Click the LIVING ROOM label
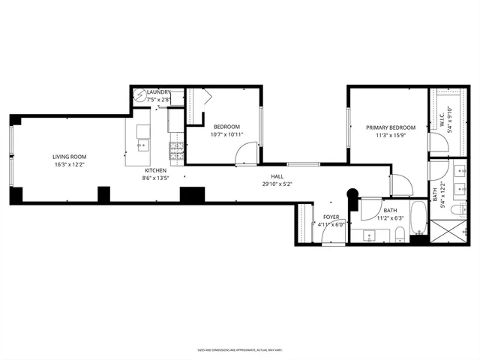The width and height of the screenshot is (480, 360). pyautogui.click(x=68, y=157)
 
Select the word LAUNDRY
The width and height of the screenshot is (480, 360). pyautogui.click(x=159, y=91)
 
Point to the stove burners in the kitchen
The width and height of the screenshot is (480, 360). pyautogui.click(x=176, y=151)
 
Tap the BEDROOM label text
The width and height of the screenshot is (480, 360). pyautogui.click(x=226, y=127)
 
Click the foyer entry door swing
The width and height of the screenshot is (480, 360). pyautogui.click(x=332, y=235)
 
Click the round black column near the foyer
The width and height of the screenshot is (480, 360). pyautogui.click(x=350, y=195)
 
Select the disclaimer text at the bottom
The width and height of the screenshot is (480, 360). pyautogui.click(x=239, y=349)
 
